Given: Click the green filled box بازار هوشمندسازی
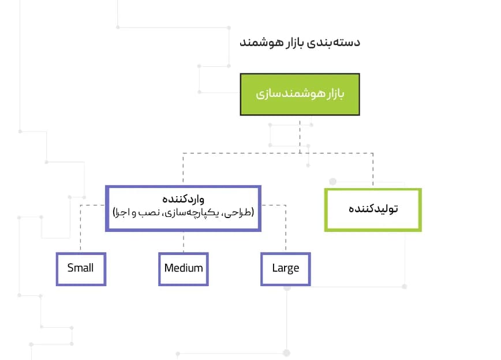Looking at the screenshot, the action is [x=300, y=94].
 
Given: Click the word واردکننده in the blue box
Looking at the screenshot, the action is [x=183, y=199].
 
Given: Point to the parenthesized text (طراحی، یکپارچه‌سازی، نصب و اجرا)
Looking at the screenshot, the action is [x=184, y=212].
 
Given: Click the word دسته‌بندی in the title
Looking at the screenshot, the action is [x=334, y=42].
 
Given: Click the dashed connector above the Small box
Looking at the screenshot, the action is [x=81, y=227].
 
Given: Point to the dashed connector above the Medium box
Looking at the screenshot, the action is [x=184, y=242].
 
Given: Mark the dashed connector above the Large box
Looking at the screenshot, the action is [x=286, y=227].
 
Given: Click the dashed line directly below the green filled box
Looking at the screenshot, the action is [x=300, y=134].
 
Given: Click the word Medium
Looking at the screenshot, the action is [x=184, y=268].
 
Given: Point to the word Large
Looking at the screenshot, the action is [x=286, y=268].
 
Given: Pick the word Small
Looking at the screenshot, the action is [x=81, y=268].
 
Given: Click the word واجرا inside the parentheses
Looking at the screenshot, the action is [x=125, y=212].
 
